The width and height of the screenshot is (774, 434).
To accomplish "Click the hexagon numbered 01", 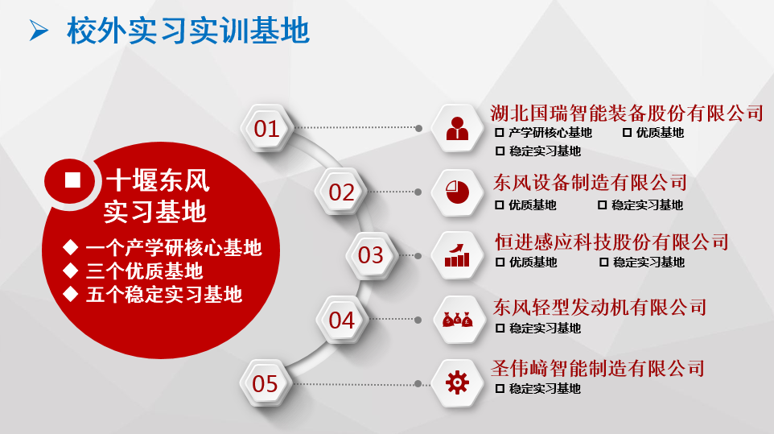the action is [267, 128].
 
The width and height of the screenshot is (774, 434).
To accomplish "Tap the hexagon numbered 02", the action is [342, 192].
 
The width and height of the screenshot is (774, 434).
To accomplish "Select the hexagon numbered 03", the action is [371, 255].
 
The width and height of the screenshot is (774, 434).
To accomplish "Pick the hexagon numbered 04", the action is [342, 320].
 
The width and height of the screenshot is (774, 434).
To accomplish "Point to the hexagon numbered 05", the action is [266, 383].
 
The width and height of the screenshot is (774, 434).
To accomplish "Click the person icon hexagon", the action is [457, 128].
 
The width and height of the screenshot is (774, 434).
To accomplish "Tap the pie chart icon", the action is [457, 192].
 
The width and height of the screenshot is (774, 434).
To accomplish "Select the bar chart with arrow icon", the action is [457, 255].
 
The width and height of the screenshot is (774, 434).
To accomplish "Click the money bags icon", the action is [457, 320].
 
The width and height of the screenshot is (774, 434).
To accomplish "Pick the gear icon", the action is [457, 382].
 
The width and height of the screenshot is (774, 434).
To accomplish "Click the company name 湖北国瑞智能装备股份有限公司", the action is [627, 113].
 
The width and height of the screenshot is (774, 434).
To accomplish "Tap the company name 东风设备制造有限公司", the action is [590, 182].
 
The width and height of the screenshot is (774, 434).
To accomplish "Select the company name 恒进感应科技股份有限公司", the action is [611, 242].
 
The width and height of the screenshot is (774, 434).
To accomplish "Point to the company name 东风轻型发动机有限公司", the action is [599, 307].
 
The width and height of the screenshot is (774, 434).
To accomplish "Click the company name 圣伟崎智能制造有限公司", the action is [598, 368].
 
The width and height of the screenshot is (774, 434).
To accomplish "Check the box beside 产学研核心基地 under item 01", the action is [500, 132].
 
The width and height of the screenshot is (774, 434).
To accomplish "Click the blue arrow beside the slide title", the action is [39, 30].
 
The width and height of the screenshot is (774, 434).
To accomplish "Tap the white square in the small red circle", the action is [72, 180].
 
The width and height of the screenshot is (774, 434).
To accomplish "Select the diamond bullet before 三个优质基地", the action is [71, 271].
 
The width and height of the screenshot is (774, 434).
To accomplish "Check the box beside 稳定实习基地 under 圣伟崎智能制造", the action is [500, 389].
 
